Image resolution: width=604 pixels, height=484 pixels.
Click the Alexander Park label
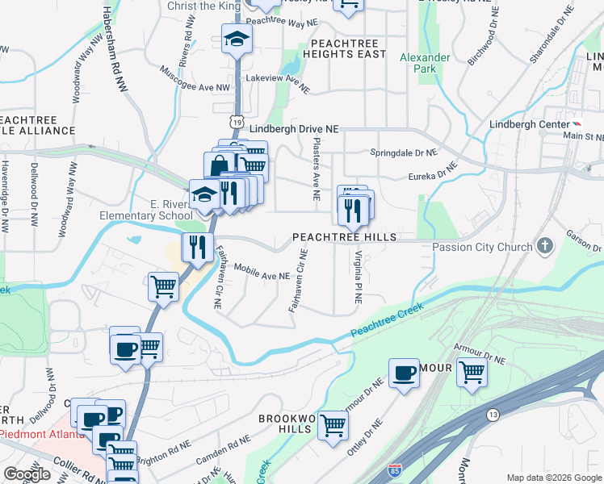pyautogui.click(x=425, y=64)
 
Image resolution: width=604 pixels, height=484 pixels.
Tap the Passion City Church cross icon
pyautogui.click(x=546, y=246)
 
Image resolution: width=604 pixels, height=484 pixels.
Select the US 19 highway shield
pyautogui.click(x=236, y=121)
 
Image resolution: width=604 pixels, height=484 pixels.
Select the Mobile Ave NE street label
pyautogui.click(x=263, y=276)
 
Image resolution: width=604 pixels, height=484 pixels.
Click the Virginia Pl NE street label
pyautogui.click(x=356, y=277)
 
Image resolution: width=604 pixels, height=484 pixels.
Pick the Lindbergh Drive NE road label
pyautogui.click(x=294, y=129)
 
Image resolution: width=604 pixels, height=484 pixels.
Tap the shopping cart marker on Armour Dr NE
pyautogui.click(x=472, y=373)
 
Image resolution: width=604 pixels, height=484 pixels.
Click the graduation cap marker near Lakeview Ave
pyautogui.click(x=237, y=38)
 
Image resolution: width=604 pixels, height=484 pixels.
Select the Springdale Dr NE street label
pyautogui.click(x=403, y=152)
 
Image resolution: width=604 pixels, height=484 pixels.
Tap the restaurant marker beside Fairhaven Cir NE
pyautogui.click(x=197, y=246)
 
